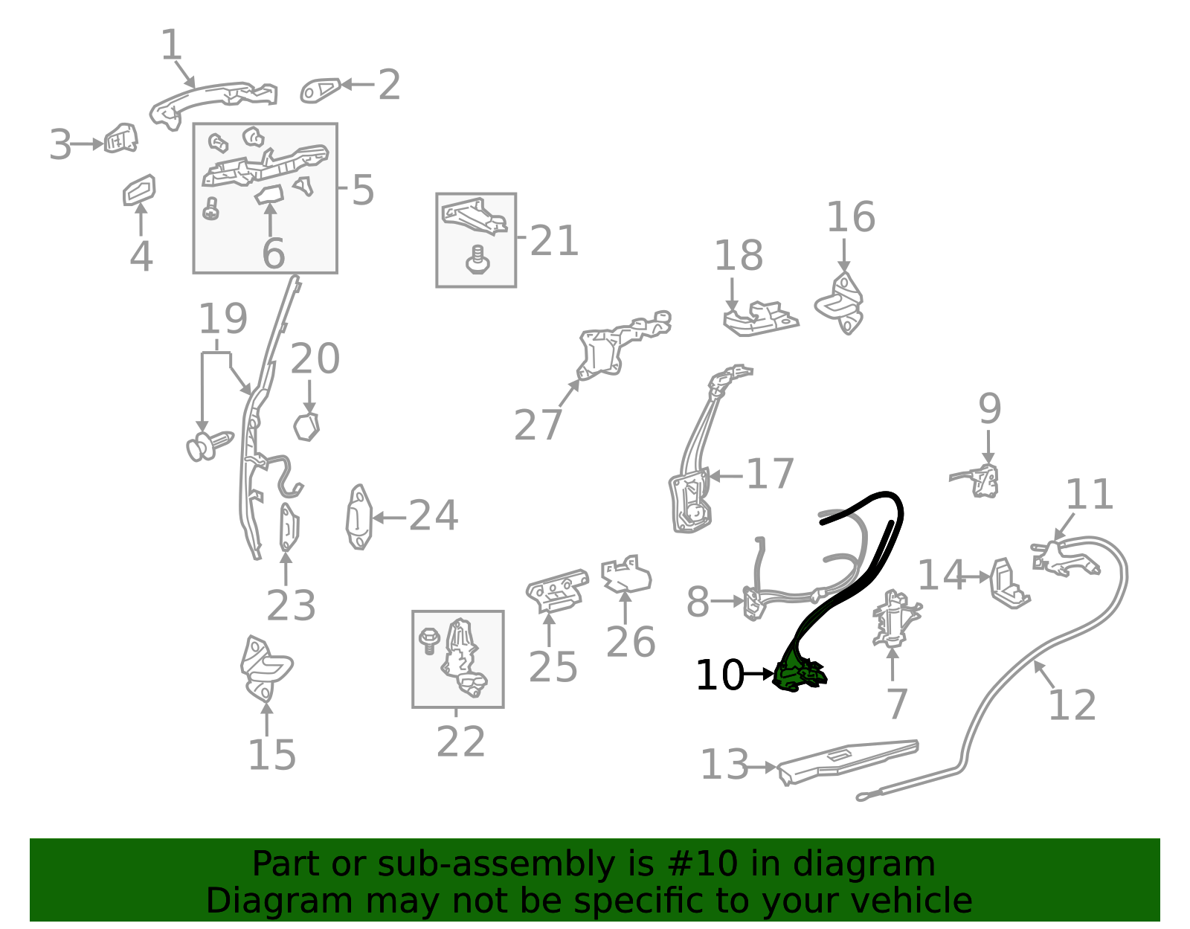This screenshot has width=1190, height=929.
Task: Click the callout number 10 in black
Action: [720, 675]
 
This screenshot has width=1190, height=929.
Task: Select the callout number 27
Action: [538, 425]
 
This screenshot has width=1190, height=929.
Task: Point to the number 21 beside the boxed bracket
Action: [554, 240]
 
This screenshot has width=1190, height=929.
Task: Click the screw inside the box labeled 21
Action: [477, 260]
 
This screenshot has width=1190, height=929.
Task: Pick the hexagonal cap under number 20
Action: [306, 427]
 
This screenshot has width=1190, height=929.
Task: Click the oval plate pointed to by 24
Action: [358, 517]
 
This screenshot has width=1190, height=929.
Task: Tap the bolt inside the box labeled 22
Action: [429, 641]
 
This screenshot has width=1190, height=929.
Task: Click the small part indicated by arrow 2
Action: [320, 90]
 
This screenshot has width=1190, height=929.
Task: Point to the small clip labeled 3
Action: [121, 138]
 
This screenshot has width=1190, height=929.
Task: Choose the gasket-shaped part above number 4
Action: [139, 190]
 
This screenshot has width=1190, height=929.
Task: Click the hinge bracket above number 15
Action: [266, 669]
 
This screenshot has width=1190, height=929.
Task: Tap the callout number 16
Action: [851, 216]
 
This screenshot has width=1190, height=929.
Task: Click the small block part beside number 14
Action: [1009, 584]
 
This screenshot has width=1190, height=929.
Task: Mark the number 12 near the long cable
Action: [1072, 705]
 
